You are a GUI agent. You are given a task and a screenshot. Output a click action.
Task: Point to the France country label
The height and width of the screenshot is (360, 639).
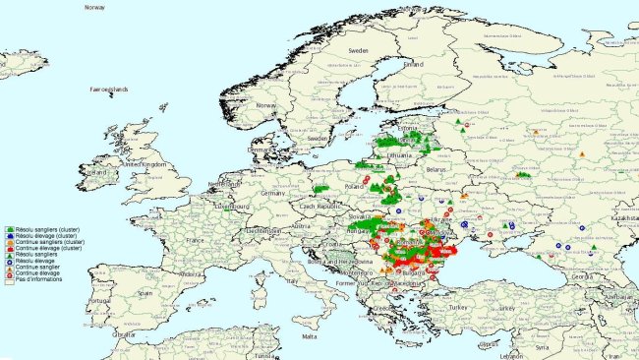197,239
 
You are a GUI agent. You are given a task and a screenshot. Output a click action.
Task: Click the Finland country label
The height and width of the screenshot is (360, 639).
412,64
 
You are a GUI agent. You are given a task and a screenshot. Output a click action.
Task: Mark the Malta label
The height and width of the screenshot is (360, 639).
310,335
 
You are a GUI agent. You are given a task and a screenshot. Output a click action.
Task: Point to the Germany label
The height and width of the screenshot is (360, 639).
273,193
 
